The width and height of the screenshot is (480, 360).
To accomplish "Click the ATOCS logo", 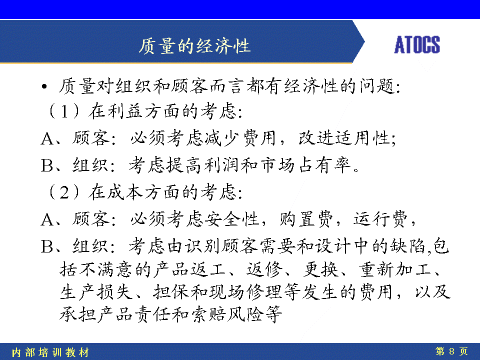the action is pos(417,44).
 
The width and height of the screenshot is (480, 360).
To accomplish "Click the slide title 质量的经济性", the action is pos(194,46).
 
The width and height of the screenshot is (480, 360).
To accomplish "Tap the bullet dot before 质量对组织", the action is pos(44,86).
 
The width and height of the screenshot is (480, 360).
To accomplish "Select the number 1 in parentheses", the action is pos(64,111).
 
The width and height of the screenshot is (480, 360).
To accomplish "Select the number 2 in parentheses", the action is pos(64,192).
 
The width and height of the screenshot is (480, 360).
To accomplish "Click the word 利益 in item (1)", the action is pos(124,111).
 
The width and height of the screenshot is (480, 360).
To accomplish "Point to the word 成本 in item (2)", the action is pos(124,192).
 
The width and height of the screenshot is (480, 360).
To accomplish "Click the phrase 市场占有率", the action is pos(306,165).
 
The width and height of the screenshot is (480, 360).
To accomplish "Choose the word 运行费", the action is pos(380,219).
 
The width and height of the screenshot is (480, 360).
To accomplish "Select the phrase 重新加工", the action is pos(395,269).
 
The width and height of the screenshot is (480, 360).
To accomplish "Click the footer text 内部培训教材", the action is pos(50,352).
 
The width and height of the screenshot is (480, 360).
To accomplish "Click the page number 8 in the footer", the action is pos(451,351).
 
